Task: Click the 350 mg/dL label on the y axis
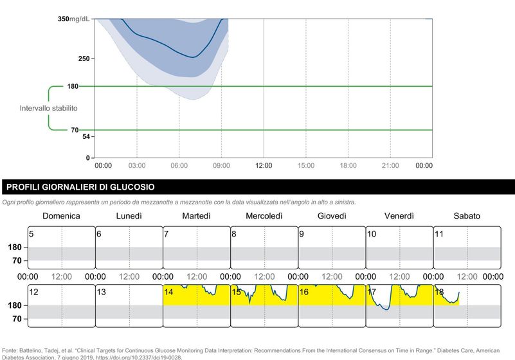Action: tap(73, 19)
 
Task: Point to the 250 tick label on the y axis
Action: tap(84, 59)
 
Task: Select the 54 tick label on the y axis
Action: tap(86, 137)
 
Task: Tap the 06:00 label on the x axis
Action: tap(179, 166)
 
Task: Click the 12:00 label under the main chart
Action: tap(264, 166)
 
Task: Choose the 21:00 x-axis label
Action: tap(390, 166)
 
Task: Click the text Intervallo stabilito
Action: tap(49, 109)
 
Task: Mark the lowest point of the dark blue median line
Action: tap(193, 57)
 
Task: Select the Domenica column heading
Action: tap(62, 216)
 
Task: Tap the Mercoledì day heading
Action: tap(264, 216)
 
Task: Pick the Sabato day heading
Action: tap(467, 216)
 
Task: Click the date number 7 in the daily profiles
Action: tap(167, 234)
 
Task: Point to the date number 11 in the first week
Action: tap(439, 234)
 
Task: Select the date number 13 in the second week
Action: tap(101, 292)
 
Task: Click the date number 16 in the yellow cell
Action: tap(304, 292)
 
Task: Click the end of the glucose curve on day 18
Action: tap(459, 292)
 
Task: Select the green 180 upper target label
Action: tap(73, 86)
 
